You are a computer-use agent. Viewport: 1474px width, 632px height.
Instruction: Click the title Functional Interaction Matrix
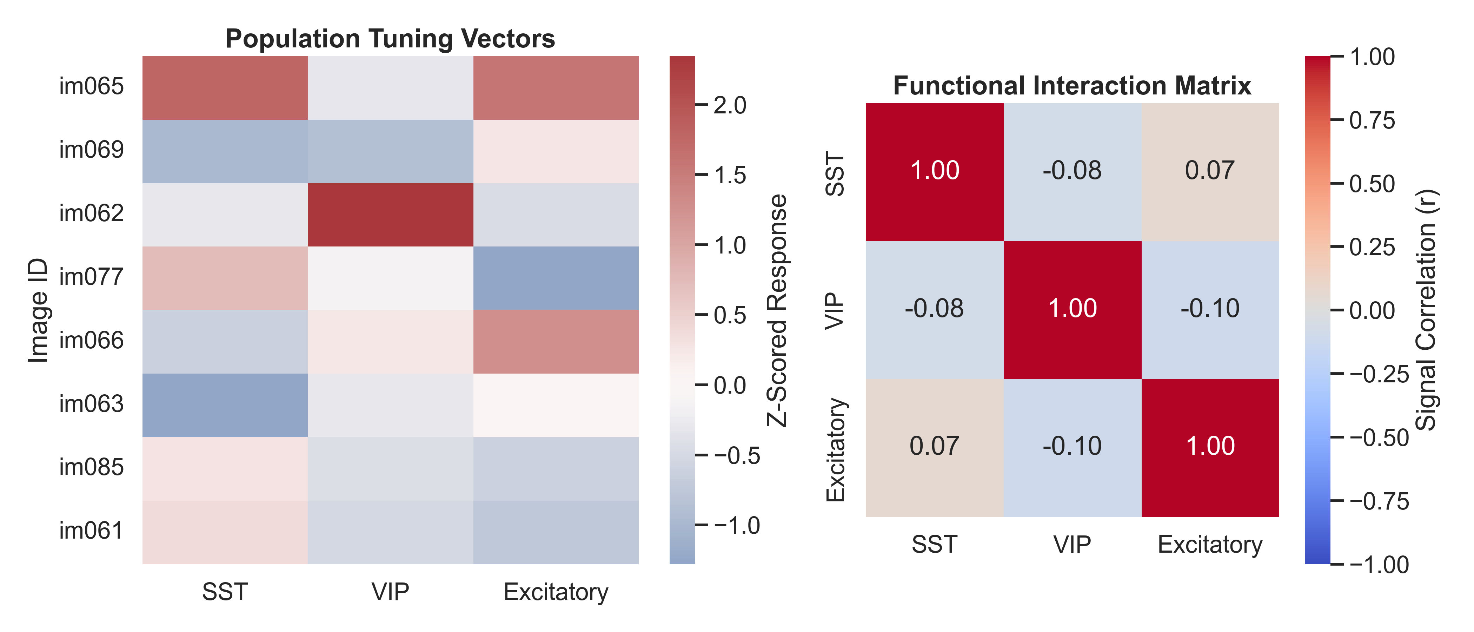(x=1072, y=86)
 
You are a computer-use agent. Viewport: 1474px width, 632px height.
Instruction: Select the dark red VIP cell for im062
(x=390, y=215)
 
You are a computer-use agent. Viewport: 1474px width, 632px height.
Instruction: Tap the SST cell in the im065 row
(x=225, y=87)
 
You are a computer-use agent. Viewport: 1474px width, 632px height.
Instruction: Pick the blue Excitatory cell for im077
(x=556, y=278)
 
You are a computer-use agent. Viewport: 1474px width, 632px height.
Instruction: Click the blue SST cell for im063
(x=225, y=405)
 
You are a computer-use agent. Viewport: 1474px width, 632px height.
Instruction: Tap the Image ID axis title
(x=38, y=310)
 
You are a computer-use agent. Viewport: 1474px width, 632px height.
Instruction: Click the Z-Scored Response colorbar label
(x=777, y=310)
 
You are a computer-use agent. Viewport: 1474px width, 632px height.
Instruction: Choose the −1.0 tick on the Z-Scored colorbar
(x=736, y=526)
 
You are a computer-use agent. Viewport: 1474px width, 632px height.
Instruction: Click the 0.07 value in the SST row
(x=1210, y=171)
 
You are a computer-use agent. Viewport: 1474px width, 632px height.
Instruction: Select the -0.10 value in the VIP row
(x=1210, y=309)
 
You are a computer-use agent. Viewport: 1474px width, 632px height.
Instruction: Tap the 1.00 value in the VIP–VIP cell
(x=1072, y=309)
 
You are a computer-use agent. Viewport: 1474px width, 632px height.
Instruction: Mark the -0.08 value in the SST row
(x=1072, y=171)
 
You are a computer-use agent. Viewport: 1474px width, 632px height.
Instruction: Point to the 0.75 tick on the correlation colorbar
(x=1372, y=120)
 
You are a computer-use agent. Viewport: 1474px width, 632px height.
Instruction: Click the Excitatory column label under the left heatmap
(x=556, y=592)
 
